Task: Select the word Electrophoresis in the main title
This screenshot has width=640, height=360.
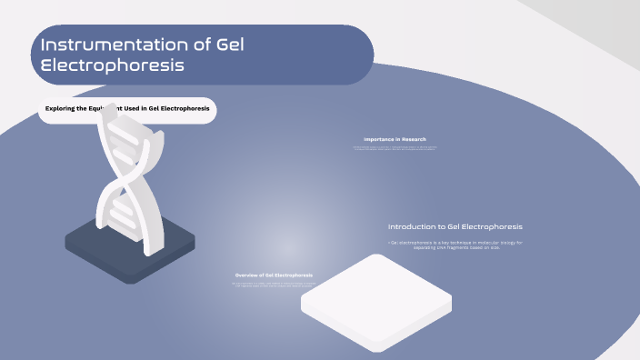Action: coord(113,65)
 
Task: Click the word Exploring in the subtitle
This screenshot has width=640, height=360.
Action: coord(66,108)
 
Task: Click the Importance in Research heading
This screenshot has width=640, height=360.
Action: coord(395,139)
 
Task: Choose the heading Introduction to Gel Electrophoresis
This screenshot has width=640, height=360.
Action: coord(455,226)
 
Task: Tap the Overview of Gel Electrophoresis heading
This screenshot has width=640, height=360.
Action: coord(274,275)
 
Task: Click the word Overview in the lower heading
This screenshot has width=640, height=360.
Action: coord(247,275)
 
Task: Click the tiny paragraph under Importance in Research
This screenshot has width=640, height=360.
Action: coord(395,147)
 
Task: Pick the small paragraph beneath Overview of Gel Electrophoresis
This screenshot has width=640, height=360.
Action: coord(274,285)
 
